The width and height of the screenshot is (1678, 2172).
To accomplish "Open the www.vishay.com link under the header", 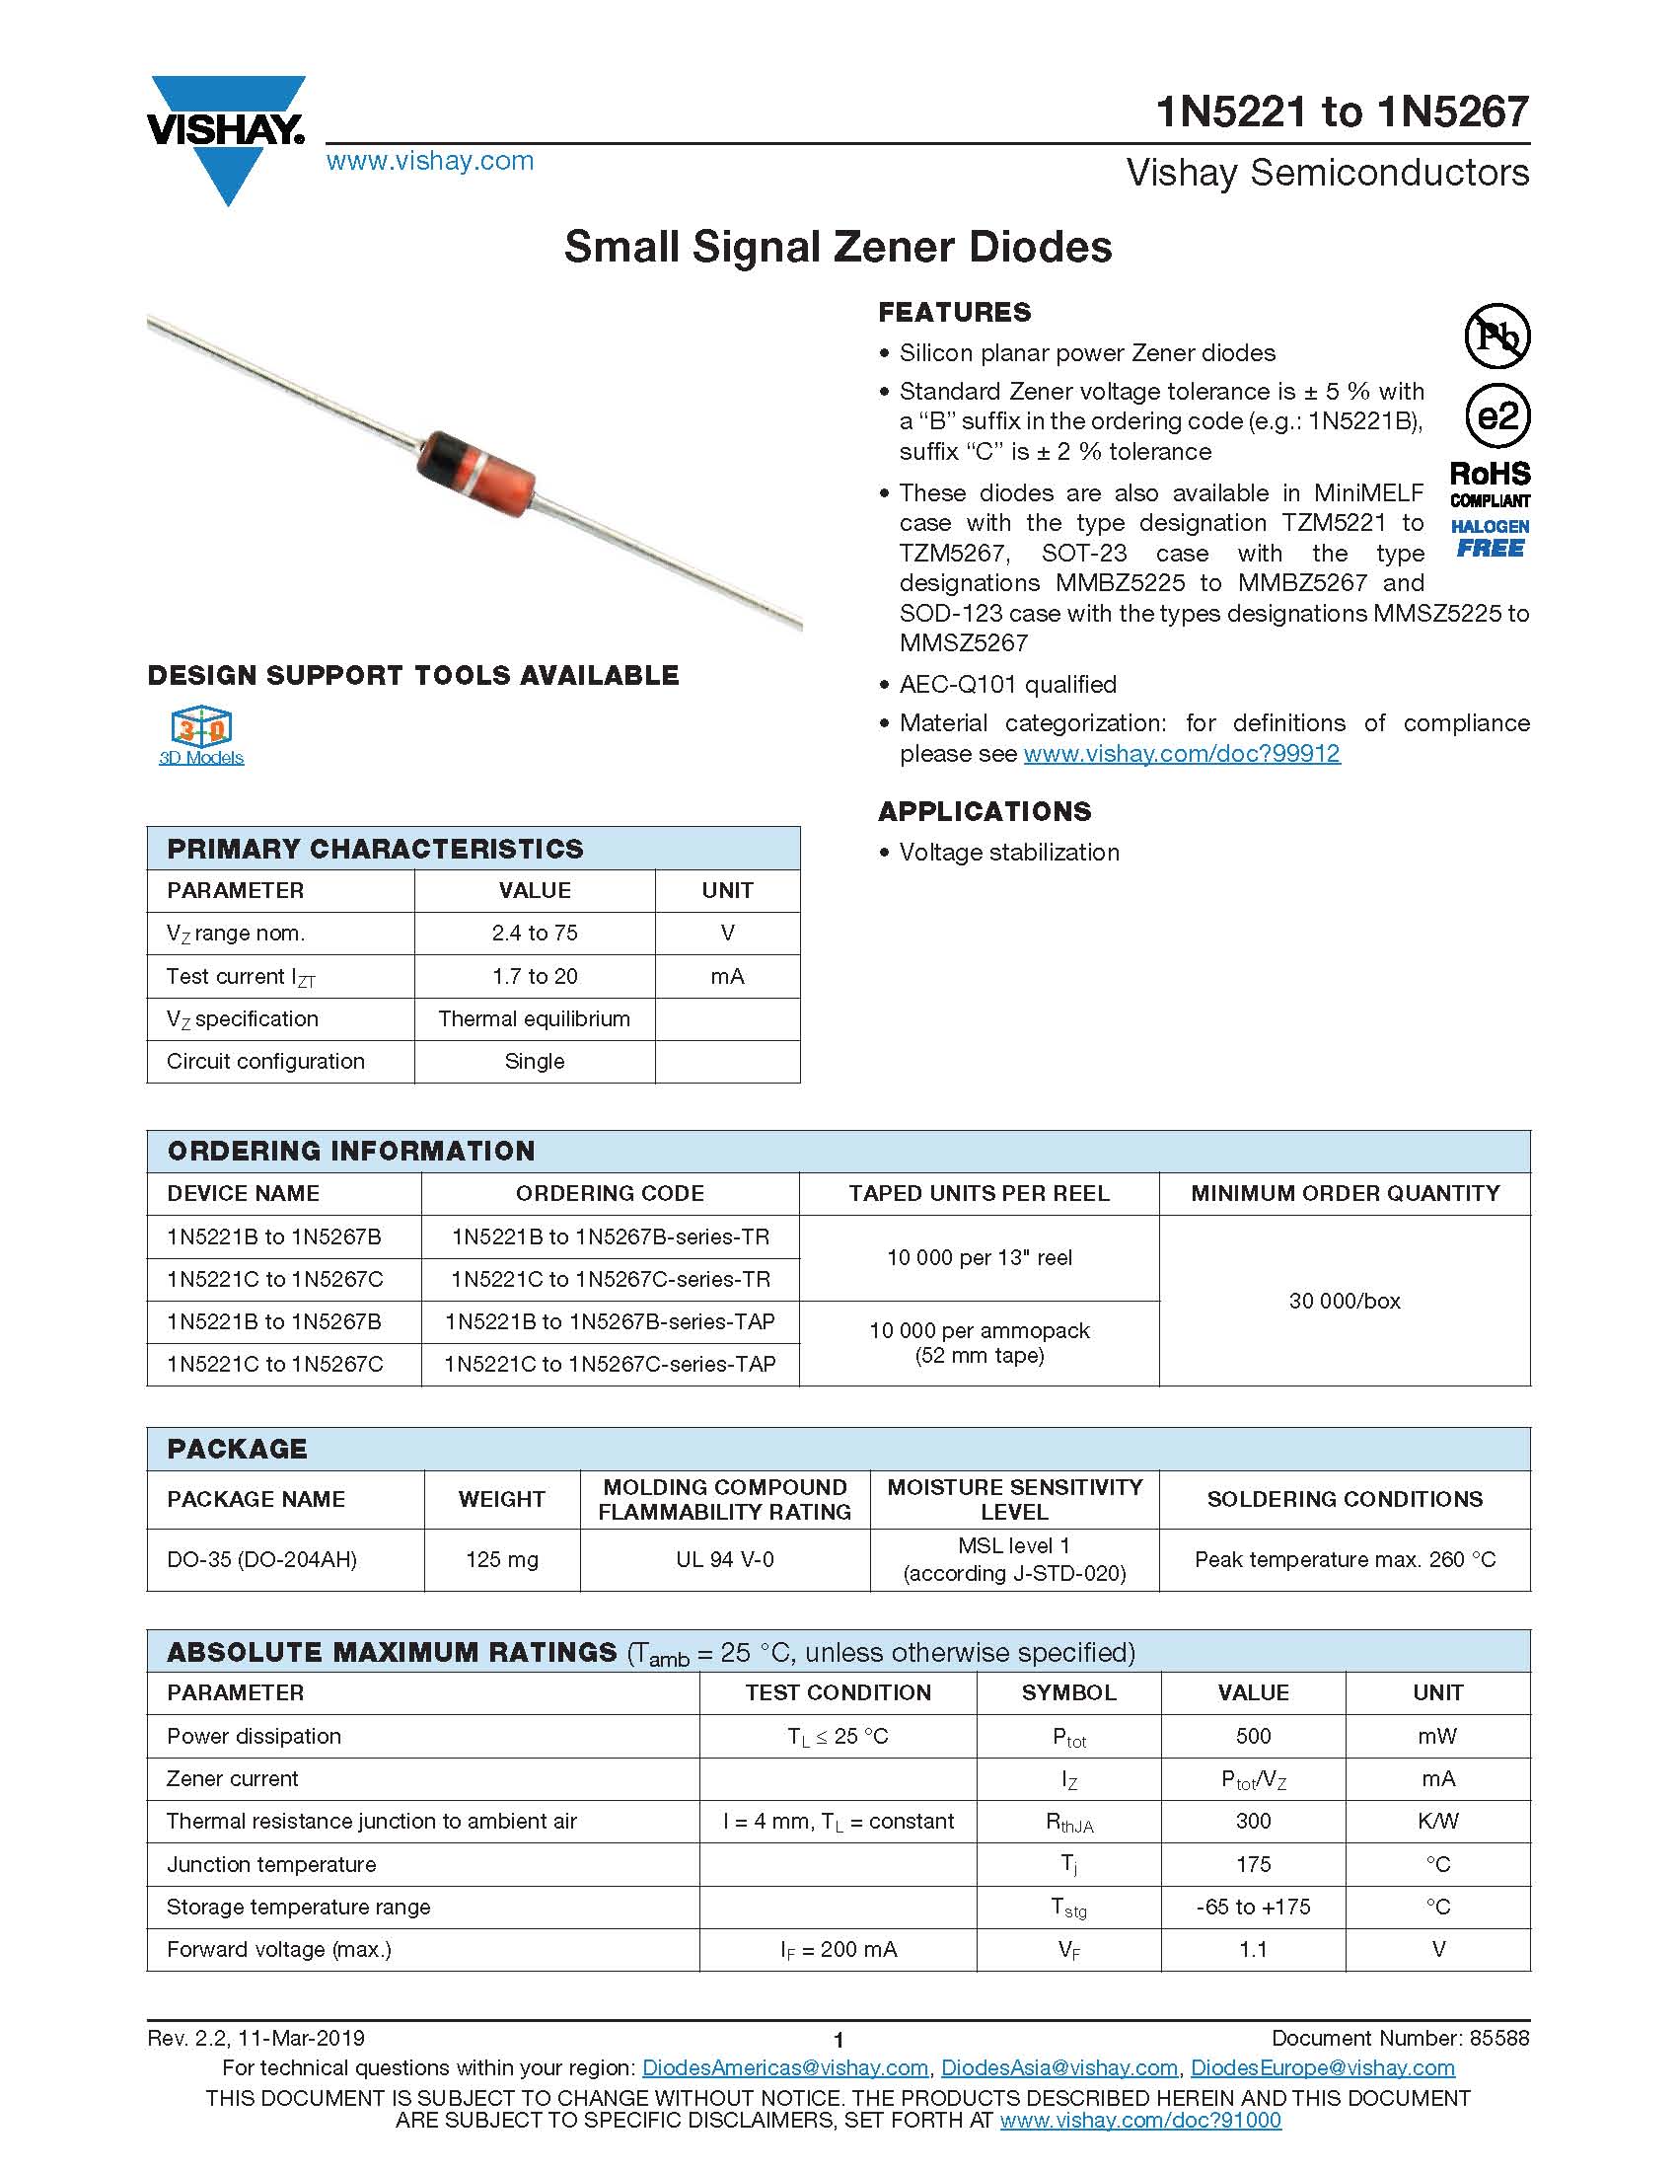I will [x=429, y=161].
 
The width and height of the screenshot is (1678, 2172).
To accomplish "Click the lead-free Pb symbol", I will [x=1497, y=337].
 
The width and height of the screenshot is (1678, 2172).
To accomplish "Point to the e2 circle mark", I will [x=1497, y=415].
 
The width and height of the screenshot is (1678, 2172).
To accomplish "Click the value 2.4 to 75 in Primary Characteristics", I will [x=534, y=933].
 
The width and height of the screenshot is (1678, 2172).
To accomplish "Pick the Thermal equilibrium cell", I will [x=534, y=1018].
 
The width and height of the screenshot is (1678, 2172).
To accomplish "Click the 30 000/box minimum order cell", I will [x=1344, y=1300].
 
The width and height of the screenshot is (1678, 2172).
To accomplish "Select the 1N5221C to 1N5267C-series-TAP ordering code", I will [x=610, y=1364].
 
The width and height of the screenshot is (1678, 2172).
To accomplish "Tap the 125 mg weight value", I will [x=502, y=1559].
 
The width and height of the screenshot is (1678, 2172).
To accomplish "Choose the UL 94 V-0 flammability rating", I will [x=725, y=1559].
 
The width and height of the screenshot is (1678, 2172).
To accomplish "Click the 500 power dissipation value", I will [x=1253, y=1736].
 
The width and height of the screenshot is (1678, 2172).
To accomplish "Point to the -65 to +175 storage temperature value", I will [x=1253, y=1907].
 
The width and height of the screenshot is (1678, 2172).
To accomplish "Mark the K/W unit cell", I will [x=1437, y=1821].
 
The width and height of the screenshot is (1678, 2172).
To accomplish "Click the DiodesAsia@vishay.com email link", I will [x=1058, y=2067].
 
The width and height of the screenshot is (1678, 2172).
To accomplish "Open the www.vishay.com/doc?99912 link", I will [x=1181, y=753].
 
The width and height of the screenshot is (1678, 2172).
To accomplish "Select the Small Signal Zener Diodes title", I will [x=838, y=247].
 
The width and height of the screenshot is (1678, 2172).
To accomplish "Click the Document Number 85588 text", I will [x=1400, y=2038].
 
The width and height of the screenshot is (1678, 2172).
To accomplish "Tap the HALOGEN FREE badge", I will [x=1490, y=538].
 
